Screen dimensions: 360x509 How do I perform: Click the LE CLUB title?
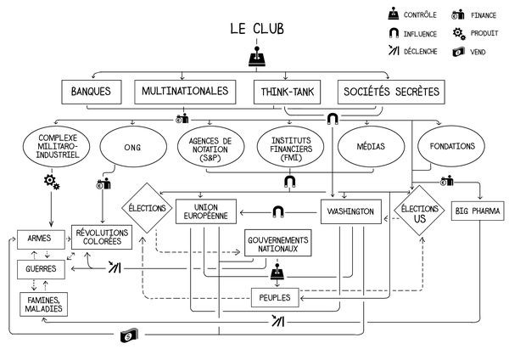click(x=256, y=29)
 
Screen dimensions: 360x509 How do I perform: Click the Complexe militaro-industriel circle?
click(x=54, y=147)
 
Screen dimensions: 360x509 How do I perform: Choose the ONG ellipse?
click(x=131, y=147)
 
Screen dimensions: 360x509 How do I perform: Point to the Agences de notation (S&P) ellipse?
click(x=210, y=147)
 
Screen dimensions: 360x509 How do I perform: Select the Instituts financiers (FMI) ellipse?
click(x=289, y=147)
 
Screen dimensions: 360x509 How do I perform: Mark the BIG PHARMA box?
click(x=476, y=211)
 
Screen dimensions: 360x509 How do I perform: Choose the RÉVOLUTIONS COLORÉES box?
click(x=103, y=237)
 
